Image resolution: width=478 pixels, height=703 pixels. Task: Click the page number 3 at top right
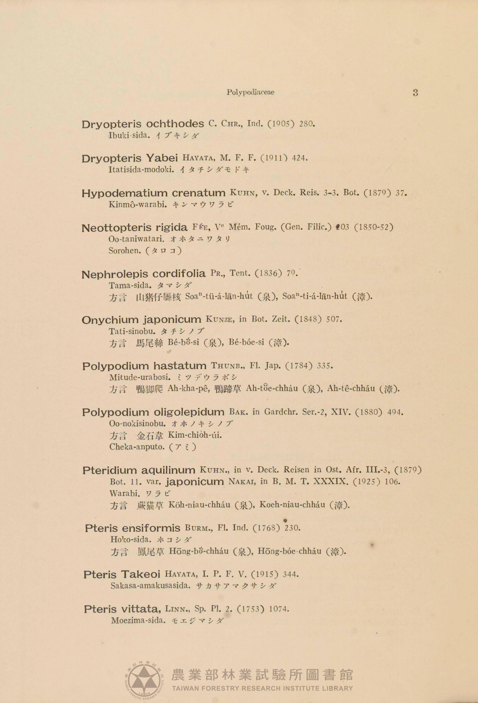(415, 93)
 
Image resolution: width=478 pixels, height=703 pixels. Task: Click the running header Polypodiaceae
(251, 92)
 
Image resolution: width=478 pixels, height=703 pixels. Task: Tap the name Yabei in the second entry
(162, 158)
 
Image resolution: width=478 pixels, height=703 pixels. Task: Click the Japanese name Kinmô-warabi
(137, 205)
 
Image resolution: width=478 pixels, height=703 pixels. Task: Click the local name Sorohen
(125, 251)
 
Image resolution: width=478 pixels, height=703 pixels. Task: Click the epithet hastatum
(180, 366)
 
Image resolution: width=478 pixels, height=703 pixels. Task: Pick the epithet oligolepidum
(189, 412)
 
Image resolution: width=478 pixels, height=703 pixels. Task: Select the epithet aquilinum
(169, 471)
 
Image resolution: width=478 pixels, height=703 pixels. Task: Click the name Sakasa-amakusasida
(151, 586)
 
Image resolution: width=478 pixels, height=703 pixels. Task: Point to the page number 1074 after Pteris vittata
(279, 609)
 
